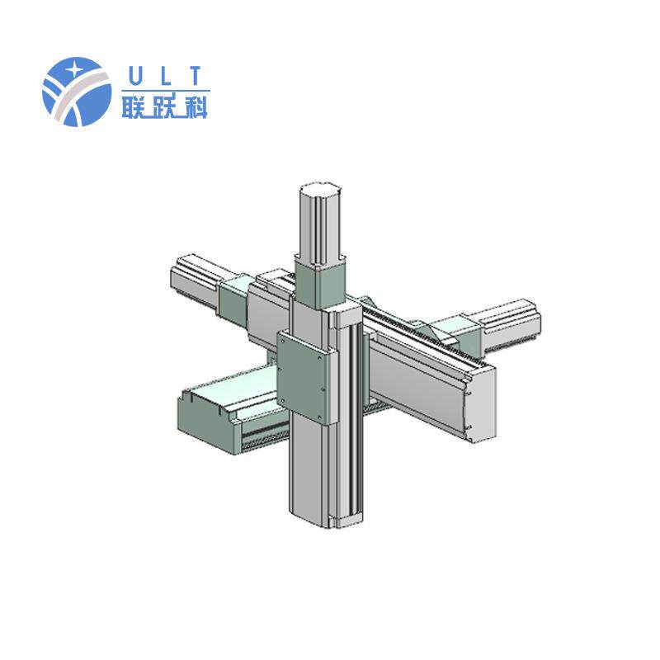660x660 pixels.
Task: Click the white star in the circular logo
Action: (x=74, y=69)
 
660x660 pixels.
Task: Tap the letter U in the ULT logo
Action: (x=134, y=76)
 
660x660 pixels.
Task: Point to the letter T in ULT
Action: (x=196, y=76)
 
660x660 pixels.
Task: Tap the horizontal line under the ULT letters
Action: (x=166, y=90)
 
